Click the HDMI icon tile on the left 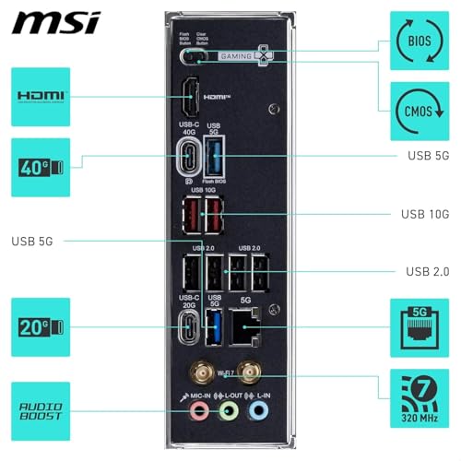(x=41, y=96)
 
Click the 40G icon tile (x=41, y=167)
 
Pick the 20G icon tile (x=41, y=326)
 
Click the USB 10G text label (x=424, y=214)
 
